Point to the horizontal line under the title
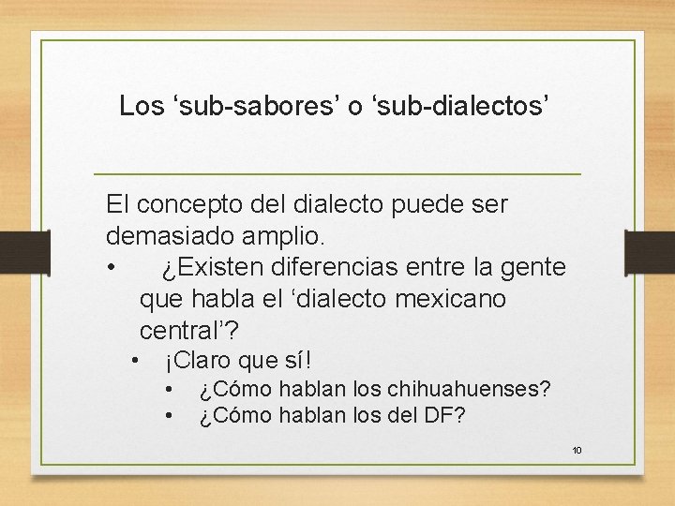[x=337, y=175]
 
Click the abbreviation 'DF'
[x=439, y=414]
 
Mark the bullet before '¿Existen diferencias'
[x=112, y=268]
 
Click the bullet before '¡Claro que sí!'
[x=136, y=360]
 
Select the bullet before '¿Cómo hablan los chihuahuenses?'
[x=169, y=388]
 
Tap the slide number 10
[x=577, y=451]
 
